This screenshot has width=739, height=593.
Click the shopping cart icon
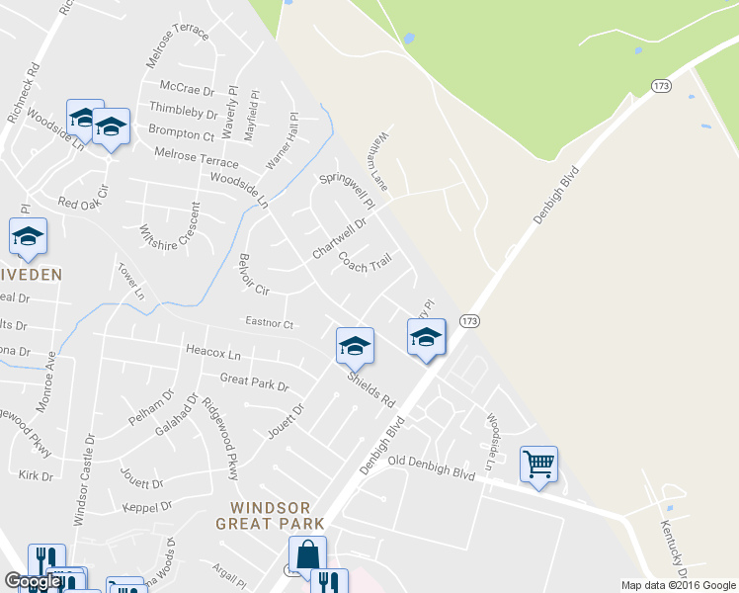tap(538, 463)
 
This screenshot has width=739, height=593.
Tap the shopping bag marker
tap(307, 553)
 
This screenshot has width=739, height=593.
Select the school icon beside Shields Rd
tap(354, 345)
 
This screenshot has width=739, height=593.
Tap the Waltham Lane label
tap(379, 161)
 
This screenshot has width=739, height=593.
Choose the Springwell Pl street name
tap(348, 191)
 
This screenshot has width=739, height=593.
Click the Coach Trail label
tap(365, 262)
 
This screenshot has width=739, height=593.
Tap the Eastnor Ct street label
tap(269, 323)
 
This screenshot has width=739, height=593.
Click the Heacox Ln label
tap(212, 352)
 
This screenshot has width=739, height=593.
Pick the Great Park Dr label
tap(254, 382)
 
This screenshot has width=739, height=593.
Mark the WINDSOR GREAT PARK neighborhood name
tap(257, 515)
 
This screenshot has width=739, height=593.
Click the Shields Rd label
tap(370, 390)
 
